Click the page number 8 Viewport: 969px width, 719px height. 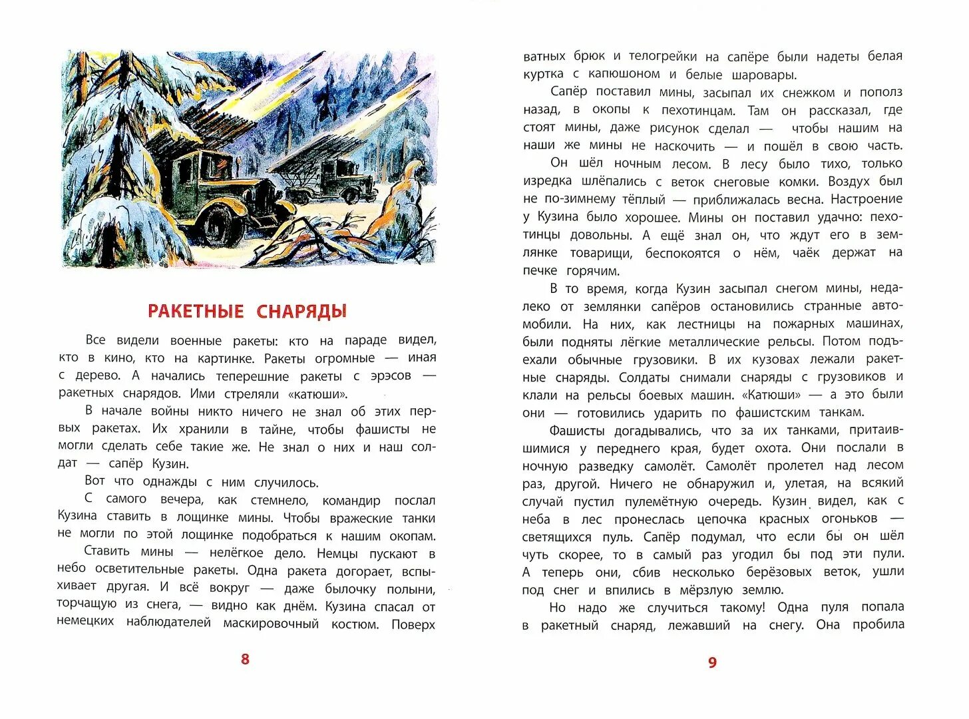pos(245,659)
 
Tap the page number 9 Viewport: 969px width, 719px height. pos(712,662)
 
